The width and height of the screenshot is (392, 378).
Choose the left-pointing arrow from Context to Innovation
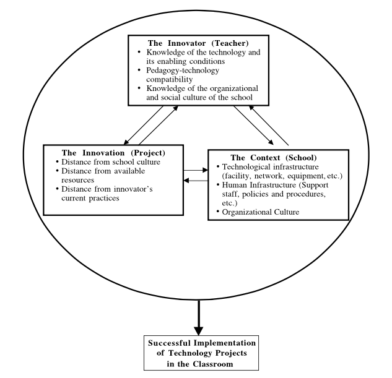pos(197,180)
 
